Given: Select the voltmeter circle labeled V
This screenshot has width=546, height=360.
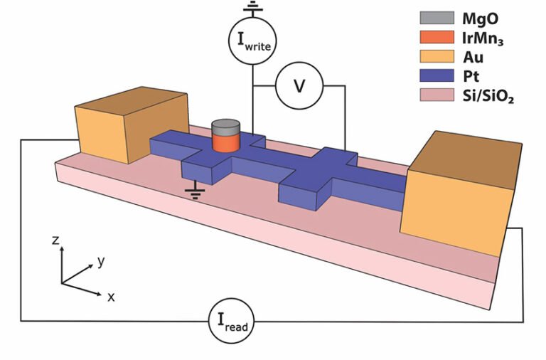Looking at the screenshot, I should tap(299, 86).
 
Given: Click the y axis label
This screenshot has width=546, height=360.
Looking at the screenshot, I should tap(101, 261).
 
